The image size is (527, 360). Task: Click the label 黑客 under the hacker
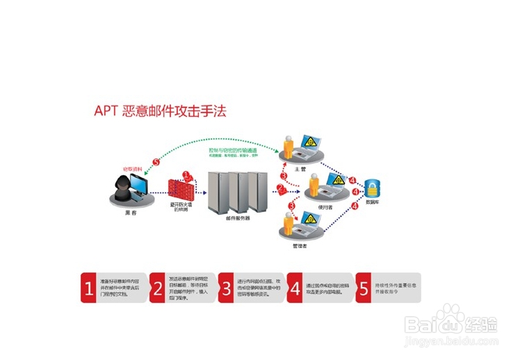point(129,215)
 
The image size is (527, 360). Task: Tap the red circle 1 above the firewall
point(186,177)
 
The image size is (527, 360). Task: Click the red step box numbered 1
point(88,287)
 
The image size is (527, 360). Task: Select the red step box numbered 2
point(156,287)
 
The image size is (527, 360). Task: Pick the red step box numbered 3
point(225,287)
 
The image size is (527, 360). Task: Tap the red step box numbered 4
point(294,287)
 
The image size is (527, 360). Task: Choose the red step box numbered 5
point(363,287)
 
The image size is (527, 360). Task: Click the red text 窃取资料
point(132,168)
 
